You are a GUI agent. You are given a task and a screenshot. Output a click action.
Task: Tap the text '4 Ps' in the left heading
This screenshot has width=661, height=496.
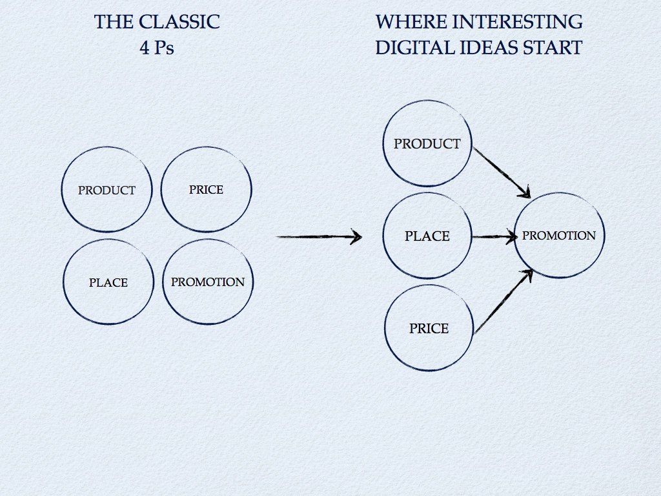click(157, 48)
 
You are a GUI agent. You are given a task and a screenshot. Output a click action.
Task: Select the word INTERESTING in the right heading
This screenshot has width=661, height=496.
click(504, 23)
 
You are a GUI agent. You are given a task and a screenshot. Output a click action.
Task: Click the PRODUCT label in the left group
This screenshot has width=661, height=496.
click(107, 191)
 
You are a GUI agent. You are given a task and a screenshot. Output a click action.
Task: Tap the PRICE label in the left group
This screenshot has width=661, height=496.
click(206, 190)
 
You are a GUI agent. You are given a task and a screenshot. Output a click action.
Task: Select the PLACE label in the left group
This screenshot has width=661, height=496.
click(108, 283)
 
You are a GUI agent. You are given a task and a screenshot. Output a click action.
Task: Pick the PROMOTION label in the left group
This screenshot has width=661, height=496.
click(208, 282)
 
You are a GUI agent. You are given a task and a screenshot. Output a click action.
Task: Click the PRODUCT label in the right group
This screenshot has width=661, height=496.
click(427, 144)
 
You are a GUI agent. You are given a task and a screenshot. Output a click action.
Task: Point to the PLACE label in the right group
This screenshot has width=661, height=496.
click(427, 236)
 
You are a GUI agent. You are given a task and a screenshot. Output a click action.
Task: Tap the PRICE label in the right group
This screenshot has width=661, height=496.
click(429, 329)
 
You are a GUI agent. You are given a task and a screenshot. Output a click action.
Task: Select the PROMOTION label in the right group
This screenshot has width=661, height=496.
click(559, 236)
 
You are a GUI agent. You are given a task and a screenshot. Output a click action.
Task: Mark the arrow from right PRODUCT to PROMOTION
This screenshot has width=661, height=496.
click(501, 171)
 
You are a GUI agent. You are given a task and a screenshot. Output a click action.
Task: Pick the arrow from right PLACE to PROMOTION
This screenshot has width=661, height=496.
click(494, 237)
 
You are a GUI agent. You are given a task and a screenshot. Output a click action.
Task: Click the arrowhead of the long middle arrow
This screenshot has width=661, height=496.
click(354, 237)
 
